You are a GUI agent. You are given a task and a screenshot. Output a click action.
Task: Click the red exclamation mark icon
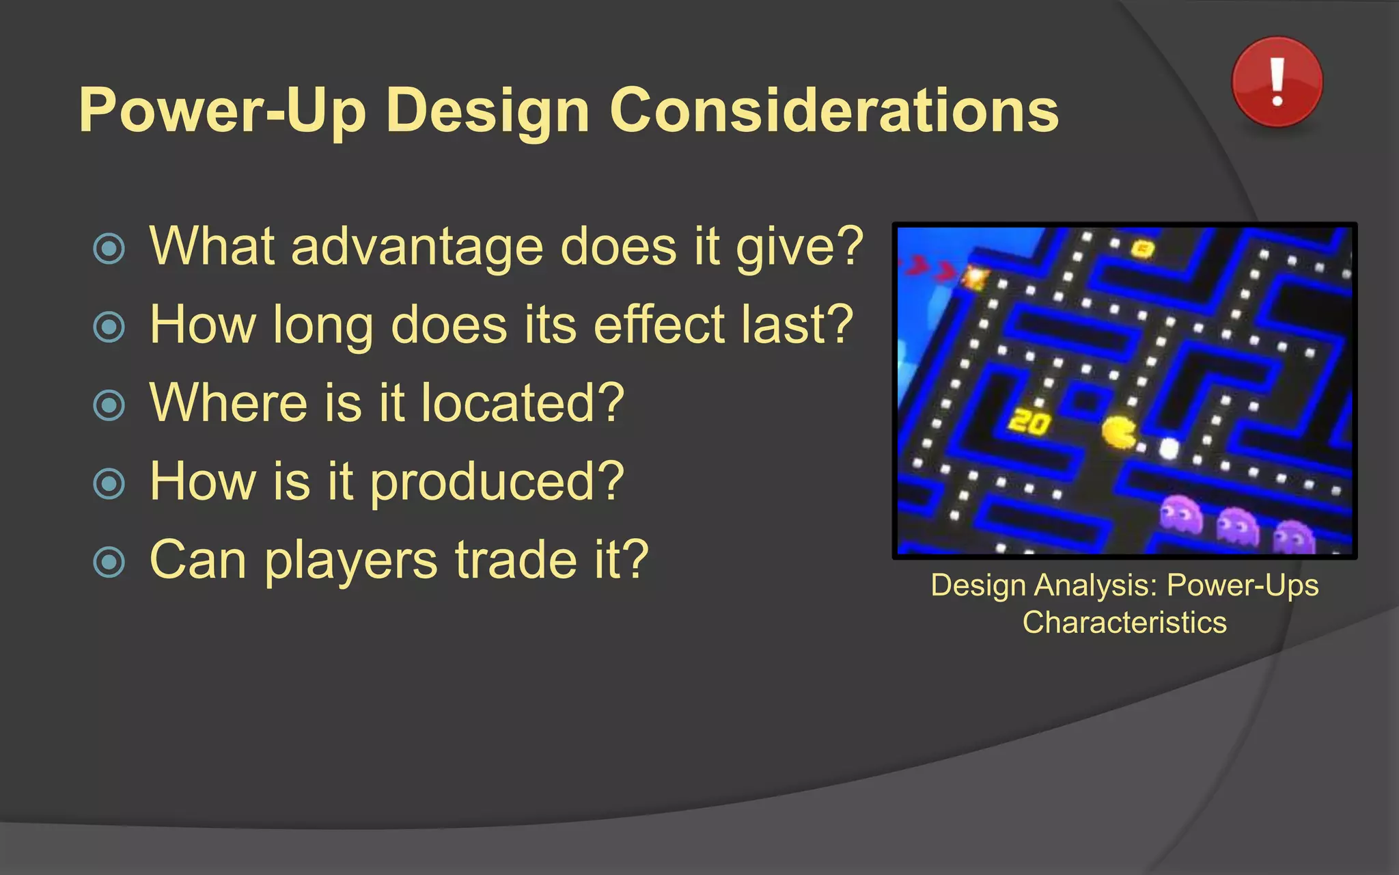click(x=1277, y=82)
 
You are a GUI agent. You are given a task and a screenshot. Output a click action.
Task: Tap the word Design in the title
click(x=487, y=111)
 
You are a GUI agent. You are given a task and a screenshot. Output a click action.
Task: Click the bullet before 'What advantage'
click(x=109, y=249)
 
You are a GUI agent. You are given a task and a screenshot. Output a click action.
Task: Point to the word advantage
click(x=417, y=247)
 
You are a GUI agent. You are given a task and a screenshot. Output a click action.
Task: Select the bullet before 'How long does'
click(x=109, y=327)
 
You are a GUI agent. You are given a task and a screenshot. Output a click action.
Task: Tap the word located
click(x=522, y=403)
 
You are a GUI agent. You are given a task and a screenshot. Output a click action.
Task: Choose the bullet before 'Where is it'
click(x=109, y=405)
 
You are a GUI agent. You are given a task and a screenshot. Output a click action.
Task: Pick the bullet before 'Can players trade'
click(x=109, y=562)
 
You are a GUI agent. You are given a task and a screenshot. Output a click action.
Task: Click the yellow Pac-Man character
click(x=1119, y=432)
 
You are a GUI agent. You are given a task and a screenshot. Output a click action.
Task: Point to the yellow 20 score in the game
click(x=1029, y=422)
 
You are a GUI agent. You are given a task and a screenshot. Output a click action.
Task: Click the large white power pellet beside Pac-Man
click(x=1169, y=448)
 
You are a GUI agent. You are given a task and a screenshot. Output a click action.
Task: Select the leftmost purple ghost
click(x=1180, y=514)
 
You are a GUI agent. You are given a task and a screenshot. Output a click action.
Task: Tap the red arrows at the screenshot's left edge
click(x=929, y=268)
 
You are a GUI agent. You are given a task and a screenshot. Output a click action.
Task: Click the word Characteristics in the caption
click(x=1124, y=623)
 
